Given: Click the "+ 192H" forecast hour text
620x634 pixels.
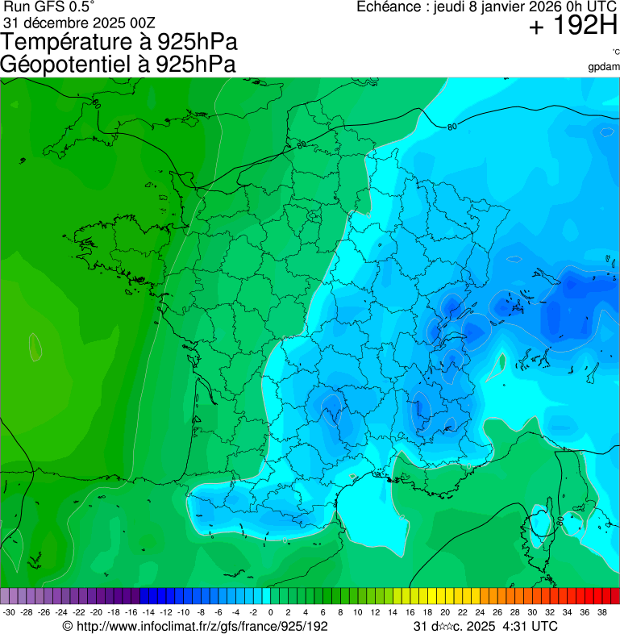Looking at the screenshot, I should tap(572, 28).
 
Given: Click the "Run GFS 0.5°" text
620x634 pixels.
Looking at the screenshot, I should tap(48, 7).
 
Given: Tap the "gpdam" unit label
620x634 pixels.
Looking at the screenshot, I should tap(604, 67).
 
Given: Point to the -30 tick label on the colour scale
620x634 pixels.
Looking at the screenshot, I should tap(9, 612).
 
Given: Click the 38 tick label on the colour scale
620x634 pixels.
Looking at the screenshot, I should tap(601, 612).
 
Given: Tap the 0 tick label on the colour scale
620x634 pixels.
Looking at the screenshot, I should tap(270, 612).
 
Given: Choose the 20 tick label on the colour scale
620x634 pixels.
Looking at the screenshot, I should tap(444, 612).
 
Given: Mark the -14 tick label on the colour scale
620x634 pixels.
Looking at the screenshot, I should tap(148, 612).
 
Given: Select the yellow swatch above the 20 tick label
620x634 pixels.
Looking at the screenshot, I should tap(444, 596).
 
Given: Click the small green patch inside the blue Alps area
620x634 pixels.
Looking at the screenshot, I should tap(500, 364).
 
